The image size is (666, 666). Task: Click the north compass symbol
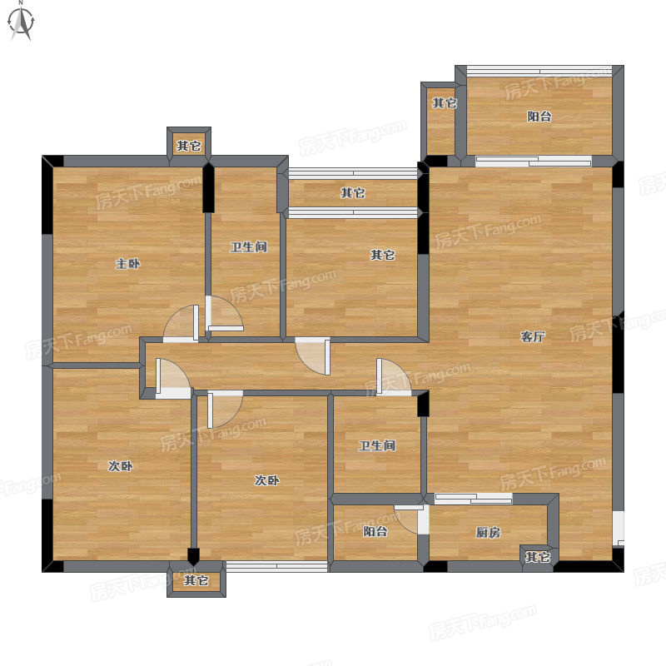tap(21, 22)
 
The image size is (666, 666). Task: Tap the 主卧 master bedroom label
tap(128, 264)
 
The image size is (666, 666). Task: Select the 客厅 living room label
tap(533, 337)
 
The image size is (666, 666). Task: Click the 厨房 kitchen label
tap(488, 532)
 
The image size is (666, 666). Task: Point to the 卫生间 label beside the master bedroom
tap(249, 246)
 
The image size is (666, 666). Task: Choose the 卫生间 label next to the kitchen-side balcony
tap(377, 445)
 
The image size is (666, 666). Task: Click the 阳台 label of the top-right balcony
tap(539, 117)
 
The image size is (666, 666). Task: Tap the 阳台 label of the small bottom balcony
tap(375, 531)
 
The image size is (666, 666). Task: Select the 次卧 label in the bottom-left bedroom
tap(121, 466)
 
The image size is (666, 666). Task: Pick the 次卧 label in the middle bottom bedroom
tap(266, 480)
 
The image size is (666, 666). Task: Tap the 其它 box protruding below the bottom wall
tap(196, 579)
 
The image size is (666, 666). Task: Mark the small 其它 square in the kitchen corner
tap(537, 556)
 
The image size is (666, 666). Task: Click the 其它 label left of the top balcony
tap(445, 102)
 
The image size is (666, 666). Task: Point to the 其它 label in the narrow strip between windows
tap(353, 193)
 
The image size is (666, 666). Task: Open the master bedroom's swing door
tap(181, 324)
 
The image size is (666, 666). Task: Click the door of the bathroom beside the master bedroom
tap(224, 314)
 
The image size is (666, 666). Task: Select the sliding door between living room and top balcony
tap(534, 161)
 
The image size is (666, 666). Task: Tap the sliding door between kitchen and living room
tap(473, 499)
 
